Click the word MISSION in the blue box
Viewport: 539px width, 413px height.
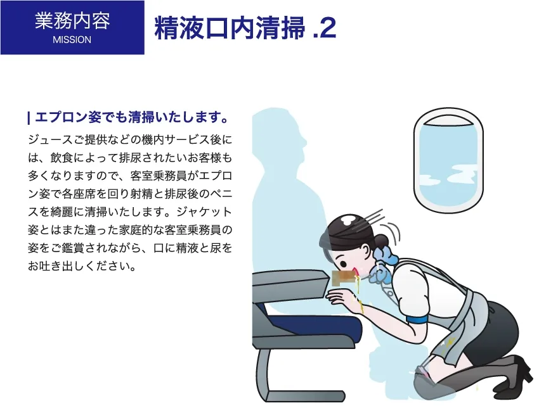click(x=72, y=39)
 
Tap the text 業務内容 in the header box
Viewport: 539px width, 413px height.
click(x=72, y=21)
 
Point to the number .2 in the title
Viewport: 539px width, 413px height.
click(x=324, y=28)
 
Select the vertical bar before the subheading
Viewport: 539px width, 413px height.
click(x=29, y=118)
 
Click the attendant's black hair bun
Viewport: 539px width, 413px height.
click(x=380, y=241)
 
